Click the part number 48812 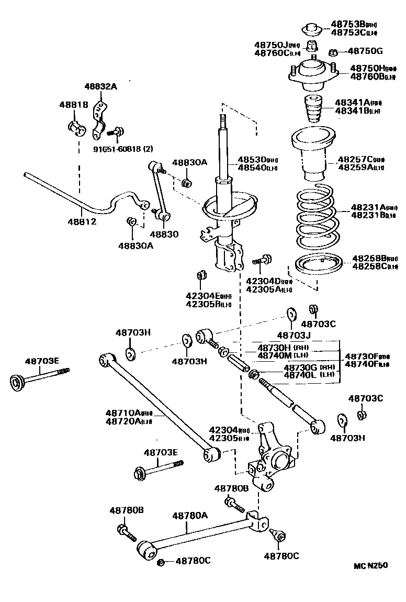(x=82, y=222)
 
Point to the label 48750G (x=365, y=51)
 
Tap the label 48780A (x=190, y=515)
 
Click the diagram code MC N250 (x=370, y=565)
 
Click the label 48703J (x=294, y=335)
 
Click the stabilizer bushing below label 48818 (x=76, y=127)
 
